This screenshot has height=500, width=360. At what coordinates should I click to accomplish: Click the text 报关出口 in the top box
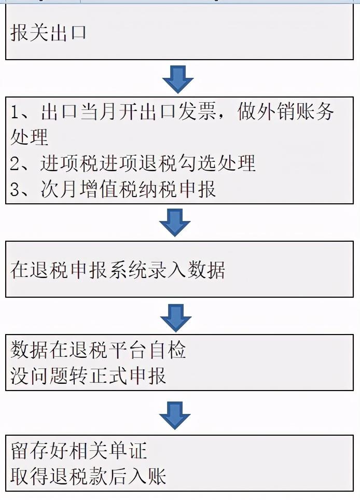[48, 33]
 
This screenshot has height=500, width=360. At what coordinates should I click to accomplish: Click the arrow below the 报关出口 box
[177, 79]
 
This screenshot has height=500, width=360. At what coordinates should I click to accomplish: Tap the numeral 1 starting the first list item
[15, 112]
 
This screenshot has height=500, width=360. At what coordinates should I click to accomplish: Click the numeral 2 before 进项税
[15, 163]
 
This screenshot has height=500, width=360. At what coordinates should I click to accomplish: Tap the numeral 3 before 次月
[15, 189]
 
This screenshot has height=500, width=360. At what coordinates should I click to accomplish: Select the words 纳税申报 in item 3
[177, 189]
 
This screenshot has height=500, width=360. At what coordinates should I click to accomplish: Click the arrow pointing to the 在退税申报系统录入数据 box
[175, 223]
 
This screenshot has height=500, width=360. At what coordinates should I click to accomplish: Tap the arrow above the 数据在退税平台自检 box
[176, 318]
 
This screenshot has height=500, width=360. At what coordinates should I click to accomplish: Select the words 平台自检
[147, 350]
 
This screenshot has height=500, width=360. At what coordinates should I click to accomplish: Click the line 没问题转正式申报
[88, 376]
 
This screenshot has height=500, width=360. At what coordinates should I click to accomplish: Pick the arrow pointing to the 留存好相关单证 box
[175, 415]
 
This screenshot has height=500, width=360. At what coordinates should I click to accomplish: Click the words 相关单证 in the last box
[108, 451]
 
